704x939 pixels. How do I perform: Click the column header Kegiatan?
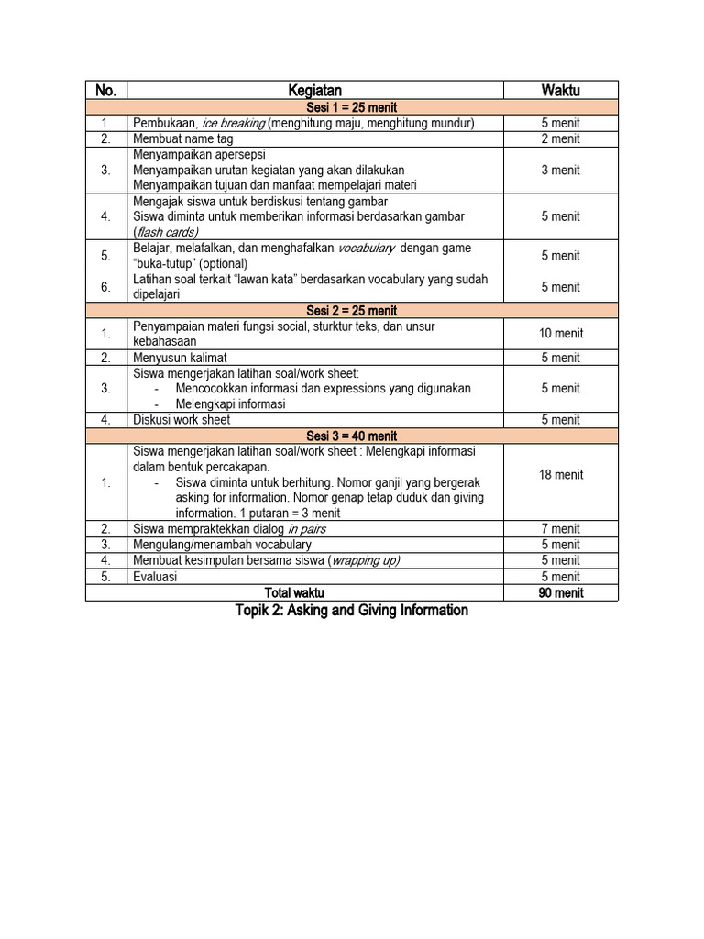(314, 90)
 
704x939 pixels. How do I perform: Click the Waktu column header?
(560, 90)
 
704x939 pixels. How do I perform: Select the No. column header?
(105, 90)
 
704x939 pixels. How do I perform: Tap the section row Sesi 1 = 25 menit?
(352, 107)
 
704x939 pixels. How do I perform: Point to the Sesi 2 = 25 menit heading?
(352, 311)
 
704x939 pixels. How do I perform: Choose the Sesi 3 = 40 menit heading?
(352, 436)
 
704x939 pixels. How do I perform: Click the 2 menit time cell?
(560, 139)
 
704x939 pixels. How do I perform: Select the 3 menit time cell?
(560, 170)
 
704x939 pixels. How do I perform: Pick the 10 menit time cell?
(560, 334)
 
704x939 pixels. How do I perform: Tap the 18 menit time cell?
(560, 475)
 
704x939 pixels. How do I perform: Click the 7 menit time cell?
(560, 529)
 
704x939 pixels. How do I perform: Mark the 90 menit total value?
(560, 593)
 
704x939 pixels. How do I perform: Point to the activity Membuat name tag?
(183, 139)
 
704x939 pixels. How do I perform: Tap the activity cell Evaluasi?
(155, 577)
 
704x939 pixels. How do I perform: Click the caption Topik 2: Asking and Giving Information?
(351, 611)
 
